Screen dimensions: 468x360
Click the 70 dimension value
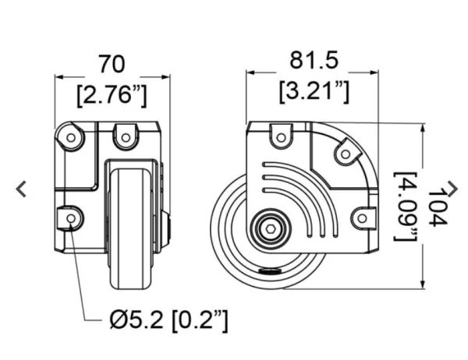point(112,64)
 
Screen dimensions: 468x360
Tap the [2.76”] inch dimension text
point(112,96)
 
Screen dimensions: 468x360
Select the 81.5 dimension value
point(314,60)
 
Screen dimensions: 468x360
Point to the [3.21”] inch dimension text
point(314,92)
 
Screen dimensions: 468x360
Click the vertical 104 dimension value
point(438,207)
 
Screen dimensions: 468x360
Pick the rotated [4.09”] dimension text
point(406,206)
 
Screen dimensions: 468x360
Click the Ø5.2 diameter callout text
point(136,319)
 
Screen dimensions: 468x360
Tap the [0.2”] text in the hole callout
point(200,320)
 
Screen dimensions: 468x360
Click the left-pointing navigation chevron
point(22,189)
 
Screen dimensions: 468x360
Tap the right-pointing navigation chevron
point(452,189)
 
